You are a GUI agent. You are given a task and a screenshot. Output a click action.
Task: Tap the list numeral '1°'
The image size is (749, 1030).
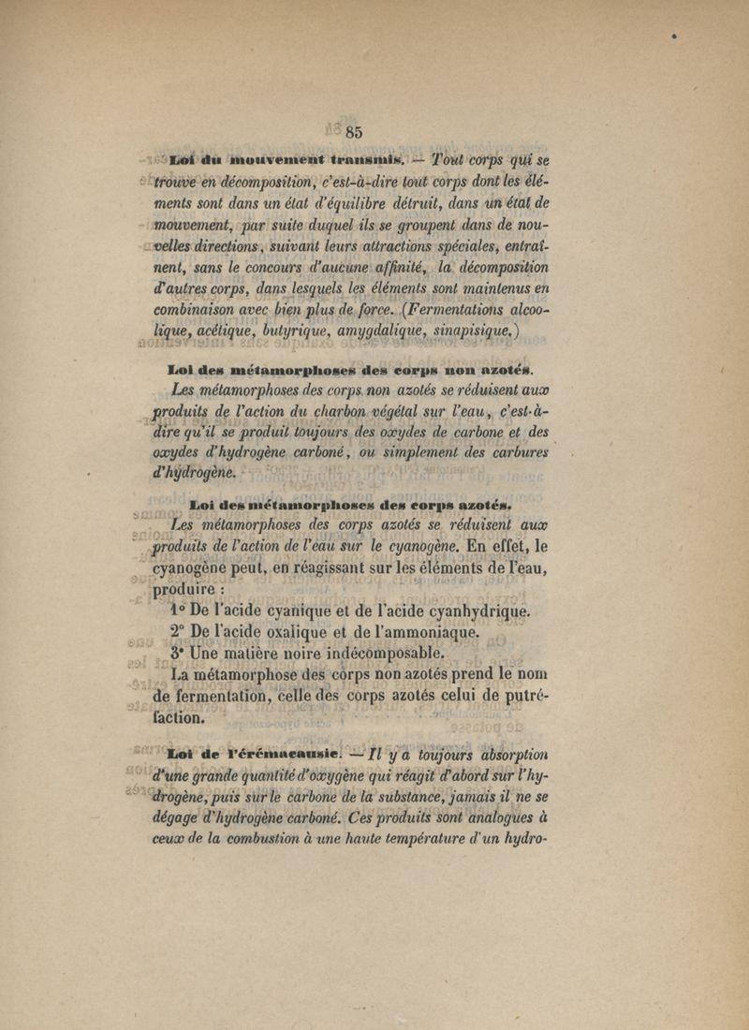click(181, 612)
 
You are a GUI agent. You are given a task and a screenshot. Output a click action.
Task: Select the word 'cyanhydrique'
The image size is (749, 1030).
click(469, 612)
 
